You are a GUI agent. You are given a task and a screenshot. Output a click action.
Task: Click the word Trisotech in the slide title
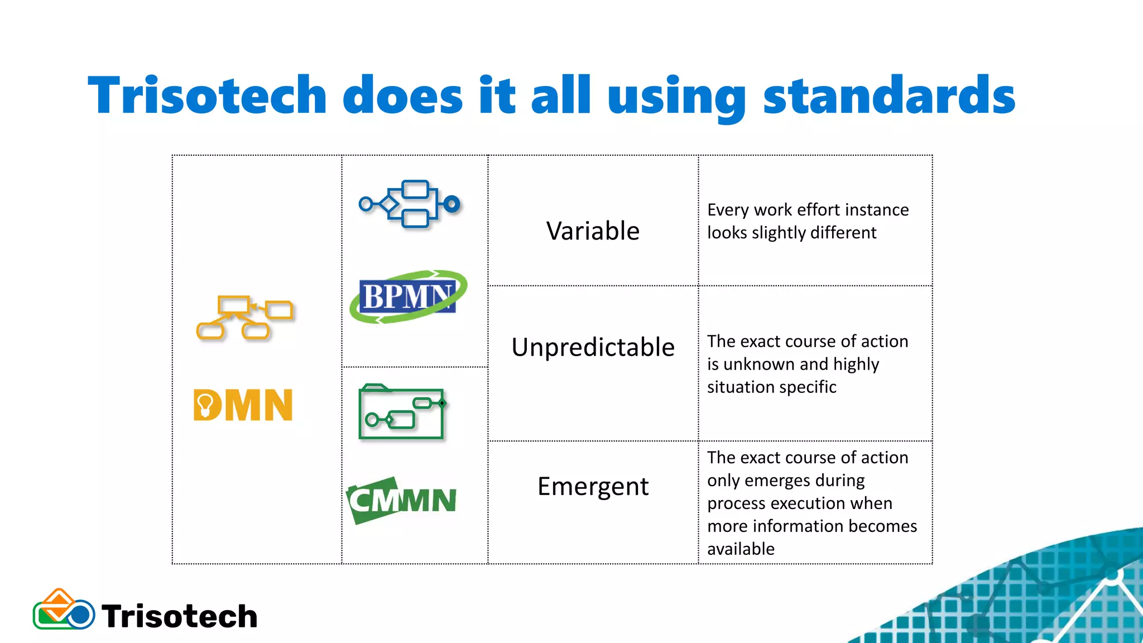pyautogui.click(x=207, y=95)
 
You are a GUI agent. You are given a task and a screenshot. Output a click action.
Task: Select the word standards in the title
pyautogui.click(x=889, y=95)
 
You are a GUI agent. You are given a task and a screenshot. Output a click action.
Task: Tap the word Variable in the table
pyautogui.click(x=593, y=231)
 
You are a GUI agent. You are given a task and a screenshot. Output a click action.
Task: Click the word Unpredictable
pyautogui.click(x=593, y=347)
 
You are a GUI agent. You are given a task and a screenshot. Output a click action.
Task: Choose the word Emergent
pyautogui.click(x=593, y=487)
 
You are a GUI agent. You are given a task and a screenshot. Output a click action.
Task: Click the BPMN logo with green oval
pyautogui.click(x=409, y=296)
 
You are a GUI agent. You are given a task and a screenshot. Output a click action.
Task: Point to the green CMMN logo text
pyautogui.click(x=402, y=500)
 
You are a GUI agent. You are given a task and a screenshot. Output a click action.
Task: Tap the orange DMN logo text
pyautogui.click(x=243, y=405)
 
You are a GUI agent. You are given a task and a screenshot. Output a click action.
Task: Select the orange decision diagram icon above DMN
pyautogui.click(x=244, y=317)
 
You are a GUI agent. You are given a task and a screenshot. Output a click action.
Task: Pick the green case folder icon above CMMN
pyautogui.click(x=402, y=412)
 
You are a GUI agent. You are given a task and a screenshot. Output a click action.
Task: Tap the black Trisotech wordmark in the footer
pyautogui.click(x=179, y=616)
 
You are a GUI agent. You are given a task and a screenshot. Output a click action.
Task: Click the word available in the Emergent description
pyautogui.click(x=741, y=549)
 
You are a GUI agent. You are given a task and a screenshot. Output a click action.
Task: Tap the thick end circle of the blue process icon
pyautogui.click(x=452, y=204)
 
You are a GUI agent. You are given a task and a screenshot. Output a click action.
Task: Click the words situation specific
pyautogui.click(x=771, y=387)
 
